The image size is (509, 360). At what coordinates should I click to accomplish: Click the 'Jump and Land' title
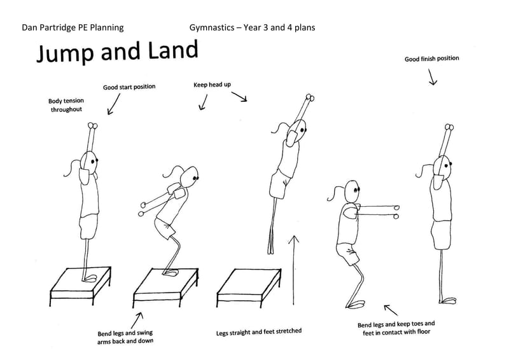[116, 52]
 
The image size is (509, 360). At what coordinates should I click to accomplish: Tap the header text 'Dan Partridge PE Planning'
[73, 27]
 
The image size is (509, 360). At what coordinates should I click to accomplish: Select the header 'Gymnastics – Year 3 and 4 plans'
[252, 27]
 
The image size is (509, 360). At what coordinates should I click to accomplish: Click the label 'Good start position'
[129, 87]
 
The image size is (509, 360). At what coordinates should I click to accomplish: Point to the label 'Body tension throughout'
[66, 105]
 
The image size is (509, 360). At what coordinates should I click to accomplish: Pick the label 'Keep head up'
[212, 84]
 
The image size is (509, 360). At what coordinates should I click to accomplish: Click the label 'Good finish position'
[431, 59]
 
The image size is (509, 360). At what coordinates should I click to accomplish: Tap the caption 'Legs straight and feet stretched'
[259, 331]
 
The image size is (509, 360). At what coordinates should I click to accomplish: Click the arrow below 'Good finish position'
[433, 78]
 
